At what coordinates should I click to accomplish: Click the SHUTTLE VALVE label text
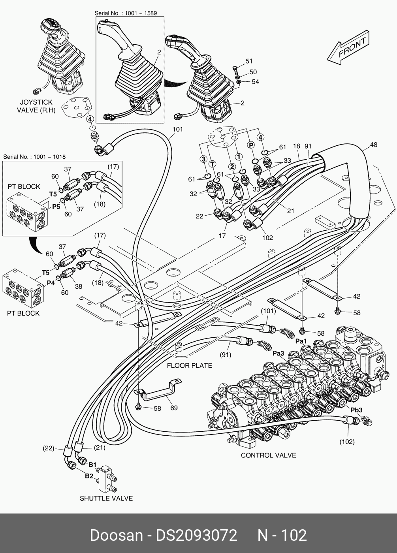[x=106, y=498]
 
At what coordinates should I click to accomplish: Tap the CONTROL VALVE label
[x=268, y=455]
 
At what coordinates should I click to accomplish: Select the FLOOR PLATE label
[x=189, y=365]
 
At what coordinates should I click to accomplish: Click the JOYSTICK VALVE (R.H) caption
[x=36, y=106]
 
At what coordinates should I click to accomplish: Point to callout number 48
[x=373, y=145]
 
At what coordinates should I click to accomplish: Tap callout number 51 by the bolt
[x=249, y=61]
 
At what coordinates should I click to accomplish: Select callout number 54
[x=256, y=82]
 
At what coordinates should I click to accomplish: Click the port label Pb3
[x=356, y=410]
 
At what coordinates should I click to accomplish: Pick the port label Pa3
[x=278, y=353]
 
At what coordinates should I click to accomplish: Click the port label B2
[x=89, y=476]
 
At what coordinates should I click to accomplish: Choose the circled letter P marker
[x=250, y=145]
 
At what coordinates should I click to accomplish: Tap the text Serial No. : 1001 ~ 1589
[x=126, y=13]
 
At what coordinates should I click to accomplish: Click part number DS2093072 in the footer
[x=196, y=536]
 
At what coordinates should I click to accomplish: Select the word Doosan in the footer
[x=116, y=536]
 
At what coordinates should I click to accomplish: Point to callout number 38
[x=79, y=286]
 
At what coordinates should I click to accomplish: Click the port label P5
[x=56, y=206]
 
